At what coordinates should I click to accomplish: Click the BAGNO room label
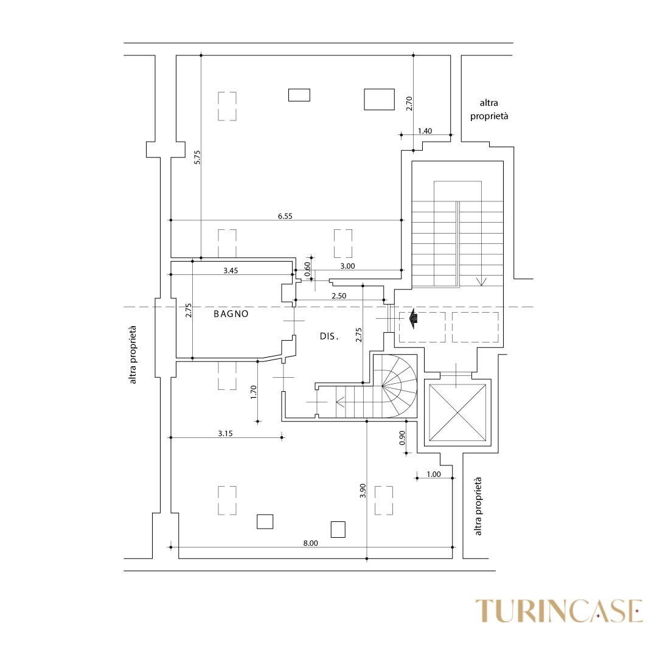(x=231, y=313)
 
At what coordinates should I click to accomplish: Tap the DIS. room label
(x=329, y=336)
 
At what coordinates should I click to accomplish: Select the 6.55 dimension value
(x=285, y=216)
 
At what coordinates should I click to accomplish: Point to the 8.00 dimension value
(x=310, y=543)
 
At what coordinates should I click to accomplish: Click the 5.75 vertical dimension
(x=198, y=157)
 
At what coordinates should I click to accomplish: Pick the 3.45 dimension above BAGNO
(x=231, y=270)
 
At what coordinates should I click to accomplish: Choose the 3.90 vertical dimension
(x=363, y=491)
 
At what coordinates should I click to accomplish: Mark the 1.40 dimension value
(x=425, y=131)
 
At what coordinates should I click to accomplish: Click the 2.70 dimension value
(x=409, y=103)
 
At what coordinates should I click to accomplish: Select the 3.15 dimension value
(x=226, y=433)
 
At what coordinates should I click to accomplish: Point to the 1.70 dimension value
(x=253, y=392)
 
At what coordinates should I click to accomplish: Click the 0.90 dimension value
(x=402, y=438)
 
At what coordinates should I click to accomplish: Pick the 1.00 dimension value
(x=434, y=474)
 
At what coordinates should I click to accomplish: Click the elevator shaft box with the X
(x=457, y=412)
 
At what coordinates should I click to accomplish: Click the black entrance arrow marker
(x=414, y=318)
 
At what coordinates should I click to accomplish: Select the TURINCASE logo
(x=559, y=611)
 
